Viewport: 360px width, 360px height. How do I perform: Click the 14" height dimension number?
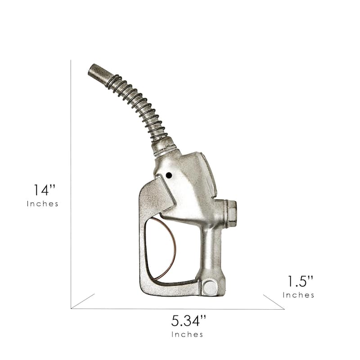tap(45, 190)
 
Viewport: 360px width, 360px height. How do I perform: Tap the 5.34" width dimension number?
tap(189, 321)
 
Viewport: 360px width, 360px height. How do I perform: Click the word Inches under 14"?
tap(42, 204)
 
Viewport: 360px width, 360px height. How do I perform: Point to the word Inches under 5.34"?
tap(187, 334)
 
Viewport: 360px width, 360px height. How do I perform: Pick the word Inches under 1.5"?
tap(298, 295)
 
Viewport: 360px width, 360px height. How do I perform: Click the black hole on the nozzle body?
tap(169, 175)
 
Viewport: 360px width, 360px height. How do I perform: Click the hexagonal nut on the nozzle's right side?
tap(231, 213)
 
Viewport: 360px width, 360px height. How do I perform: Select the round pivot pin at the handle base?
tap(210, 288)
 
